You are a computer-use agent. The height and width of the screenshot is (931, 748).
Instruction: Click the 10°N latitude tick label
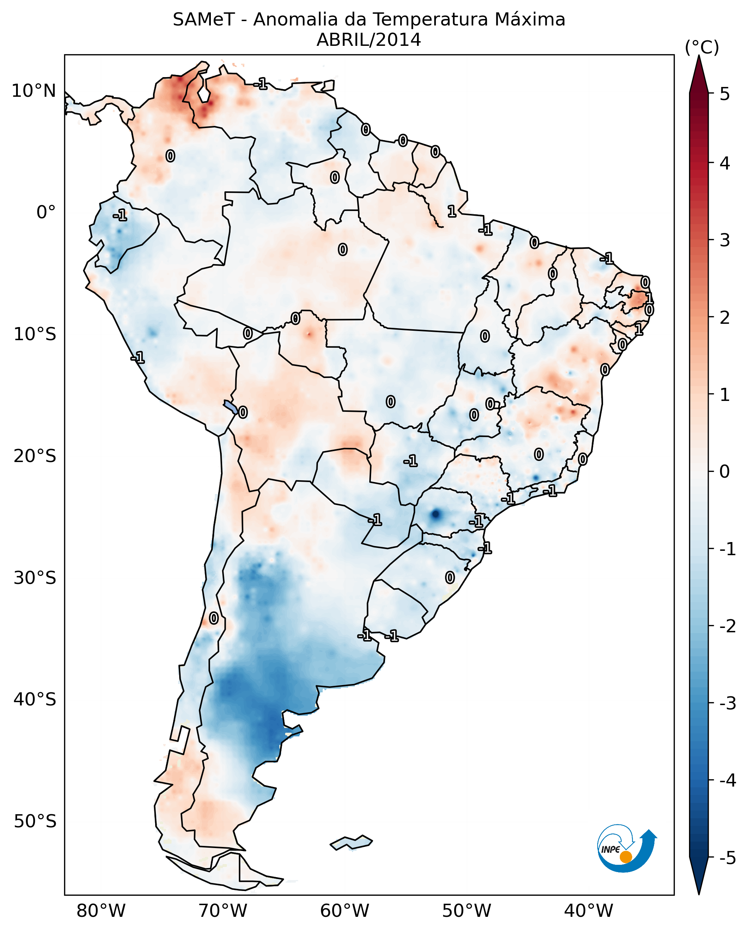click(34, 91)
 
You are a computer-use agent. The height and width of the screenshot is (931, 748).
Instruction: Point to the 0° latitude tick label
click(46, 212)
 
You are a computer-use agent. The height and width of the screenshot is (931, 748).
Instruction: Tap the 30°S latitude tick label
click(35, 578)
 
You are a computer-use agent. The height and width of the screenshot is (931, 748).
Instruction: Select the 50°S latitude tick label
click(35, 821)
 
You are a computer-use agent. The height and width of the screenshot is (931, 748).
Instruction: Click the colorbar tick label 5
click(725, 94)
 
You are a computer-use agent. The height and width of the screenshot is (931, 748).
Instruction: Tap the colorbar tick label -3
click(727, 703)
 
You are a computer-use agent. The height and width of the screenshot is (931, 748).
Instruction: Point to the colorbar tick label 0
click(725, 471)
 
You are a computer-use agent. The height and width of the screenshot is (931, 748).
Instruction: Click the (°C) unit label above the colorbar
click(702, 48)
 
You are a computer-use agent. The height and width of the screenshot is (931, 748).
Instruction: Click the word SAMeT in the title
click(204, 20)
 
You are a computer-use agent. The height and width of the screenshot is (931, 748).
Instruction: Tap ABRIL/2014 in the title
click(369, 40)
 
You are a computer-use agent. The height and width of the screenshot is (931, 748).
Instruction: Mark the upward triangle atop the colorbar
click(699, 74)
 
